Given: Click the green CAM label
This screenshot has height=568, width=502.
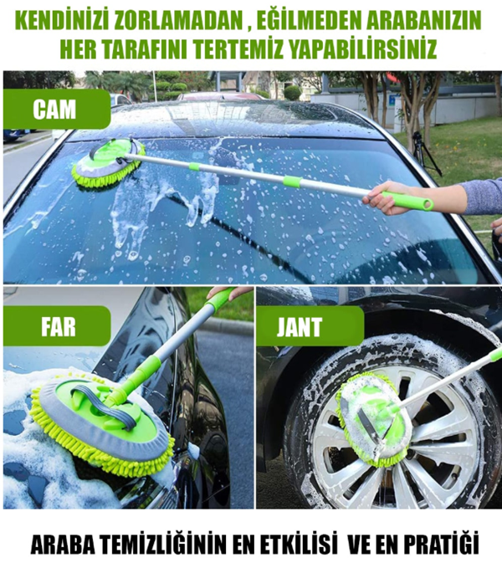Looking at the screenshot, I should coord(55,109).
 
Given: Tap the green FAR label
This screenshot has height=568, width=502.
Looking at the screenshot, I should coord(57,326).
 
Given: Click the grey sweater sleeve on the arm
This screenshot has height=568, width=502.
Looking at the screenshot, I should coord(481,197).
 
